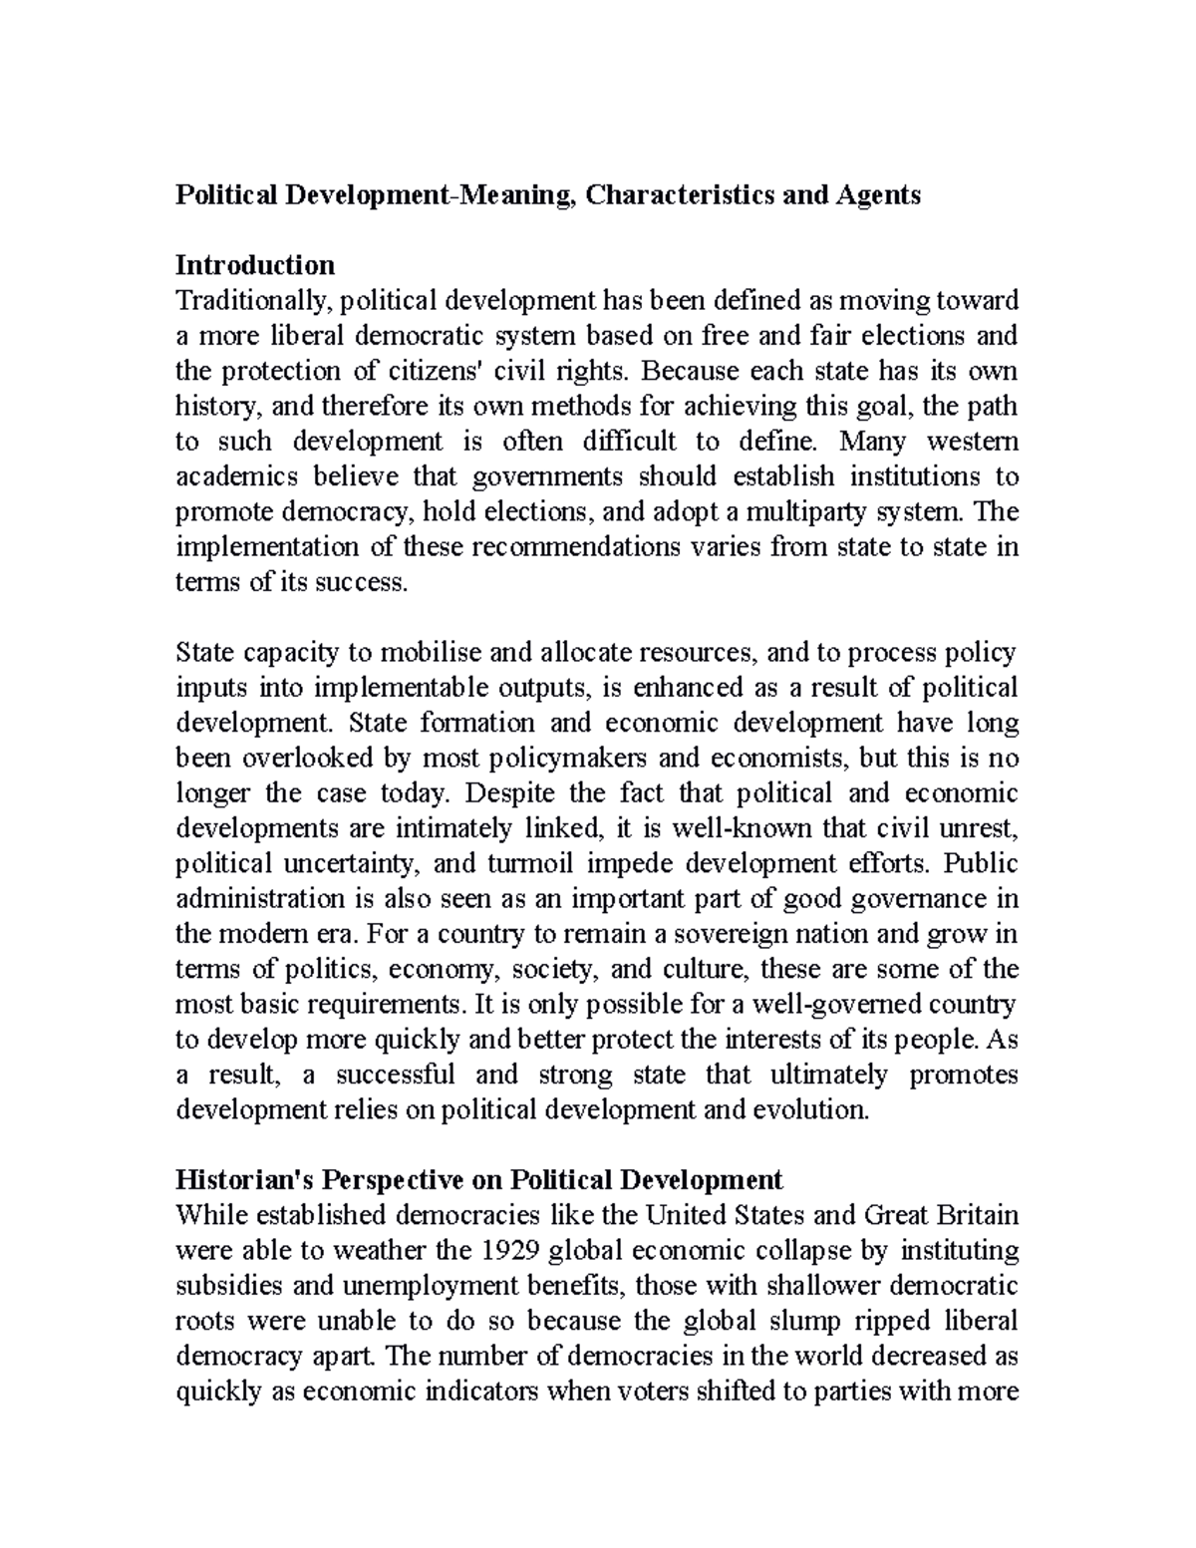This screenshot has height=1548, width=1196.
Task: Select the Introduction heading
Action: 255,265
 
